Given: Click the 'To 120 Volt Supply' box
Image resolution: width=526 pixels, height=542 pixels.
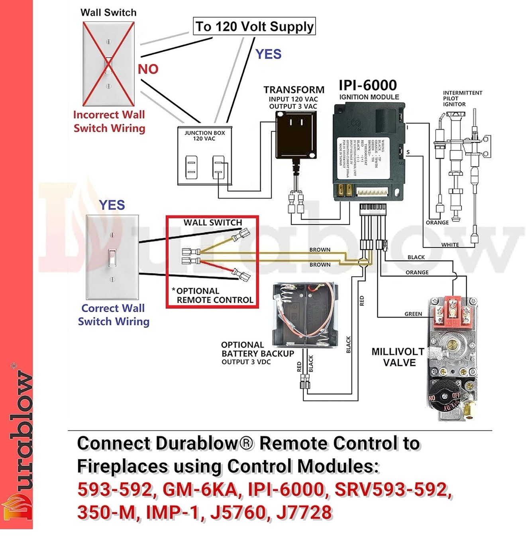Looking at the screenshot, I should (x=254, y=26).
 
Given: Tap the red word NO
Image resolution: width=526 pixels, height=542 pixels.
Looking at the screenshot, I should (x=148, y=69).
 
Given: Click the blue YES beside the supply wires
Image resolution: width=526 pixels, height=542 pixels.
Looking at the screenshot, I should (x=268, y=54).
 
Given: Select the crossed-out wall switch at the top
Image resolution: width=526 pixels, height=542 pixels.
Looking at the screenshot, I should (x=108, y=64).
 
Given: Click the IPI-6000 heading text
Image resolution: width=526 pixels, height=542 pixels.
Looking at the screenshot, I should (x=368, y=85).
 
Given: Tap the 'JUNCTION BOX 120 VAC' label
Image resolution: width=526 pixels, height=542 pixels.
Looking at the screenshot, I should (x=204, y=135).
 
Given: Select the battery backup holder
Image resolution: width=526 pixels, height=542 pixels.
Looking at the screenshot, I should (x=305, y=314).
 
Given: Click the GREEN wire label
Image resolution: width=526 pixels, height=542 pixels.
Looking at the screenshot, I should (x=413, y=314).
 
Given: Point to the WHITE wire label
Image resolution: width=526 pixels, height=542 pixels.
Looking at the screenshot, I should (x=450, y=245).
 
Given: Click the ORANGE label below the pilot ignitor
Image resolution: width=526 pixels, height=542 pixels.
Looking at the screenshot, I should (x=437, y=222).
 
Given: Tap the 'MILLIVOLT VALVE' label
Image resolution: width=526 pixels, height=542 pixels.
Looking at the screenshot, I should (x=398, y=357).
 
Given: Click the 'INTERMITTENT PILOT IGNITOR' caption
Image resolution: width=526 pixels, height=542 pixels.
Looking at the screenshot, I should (x=462, y=98).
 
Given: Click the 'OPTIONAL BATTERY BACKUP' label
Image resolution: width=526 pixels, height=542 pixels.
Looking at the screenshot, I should (x=257, y=349).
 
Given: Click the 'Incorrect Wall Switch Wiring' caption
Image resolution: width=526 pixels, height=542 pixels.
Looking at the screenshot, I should (x=109, y=121).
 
